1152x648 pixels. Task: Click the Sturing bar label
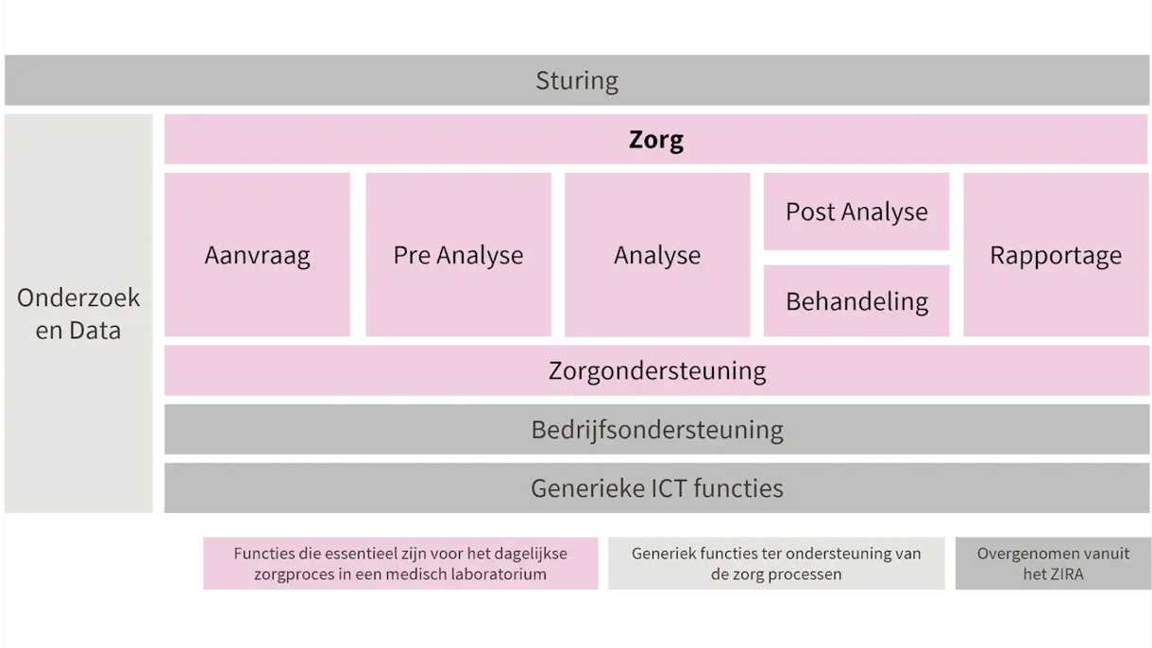pyautogui.click(x=577, y=80)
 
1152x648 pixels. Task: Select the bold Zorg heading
pyautogui.click(x=656, y=140)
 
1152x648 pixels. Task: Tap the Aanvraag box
pyautogui.click(x=257, y=255)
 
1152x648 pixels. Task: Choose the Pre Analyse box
pyautogui.click(x=458, y=255)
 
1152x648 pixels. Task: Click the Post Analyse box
pyautogui.click(x=856, y=212)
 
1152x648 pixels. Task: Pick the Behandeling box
pyautogui.click(x=856, y=301)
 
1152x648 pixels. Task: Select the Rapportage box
pyautogui.click(x=1056, y=255)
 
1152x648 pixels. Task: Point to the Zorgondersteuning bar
pyautogui.click(x=656, y=370)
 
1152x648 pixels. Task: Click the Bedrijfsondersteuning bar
pyautogui.click(x=656, y=430)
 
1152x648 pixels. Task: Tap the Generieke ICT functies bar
pyautogui.click(x=656, y=488)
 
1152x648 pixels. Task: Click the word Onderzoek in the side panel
pyautogui.click(x=78, y=298)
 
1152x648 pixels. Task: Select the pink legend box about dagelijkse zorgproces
pyautogui.click(x=400, y=563)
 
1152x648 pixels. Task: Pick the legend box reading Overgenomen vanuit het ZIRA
pyautogui.click(x=1052, y=563)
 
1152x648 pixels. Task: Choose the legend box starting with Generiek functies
pyautogui.click(x=775, y=563)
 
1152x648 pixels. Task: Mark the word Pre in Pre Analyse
pyautogui.click(x=412, y=255)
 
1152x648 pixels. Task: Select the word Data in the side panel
pyautogui.click(x=98, y=332)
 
